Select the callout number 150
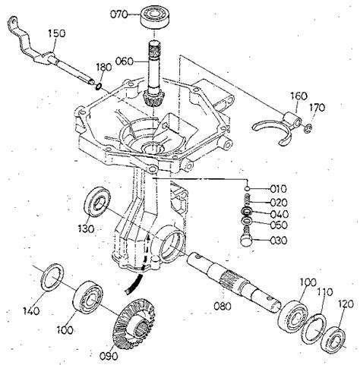58,33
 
